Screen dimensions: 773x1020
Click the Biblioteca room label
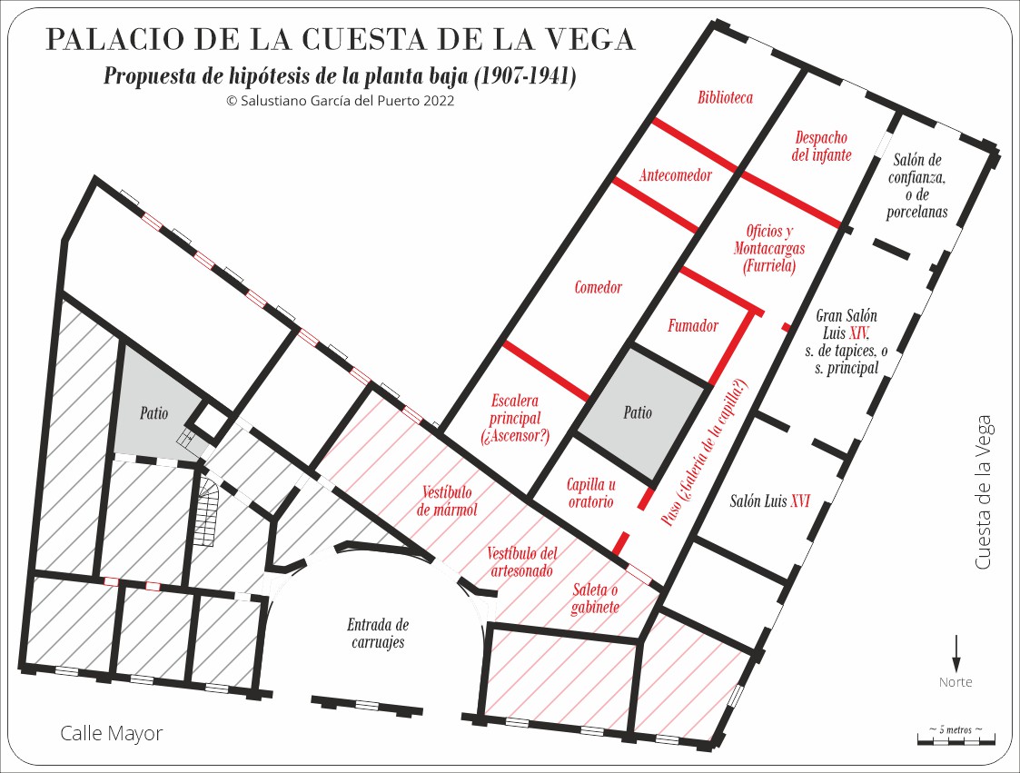tap(725, 98)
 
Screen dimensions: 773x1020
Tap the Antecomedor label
tap(675, 175)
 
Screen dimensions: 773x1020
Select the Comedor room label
tap(599, 288)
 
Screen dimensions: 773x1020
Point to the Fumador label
tap(693, 326)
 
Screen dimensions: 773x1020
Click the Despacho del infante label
tap(821, 146)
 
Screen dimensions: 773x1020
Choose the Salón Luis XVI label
tap(770, 501)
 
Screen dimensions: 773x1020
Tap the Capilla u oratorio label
tap(590, 493)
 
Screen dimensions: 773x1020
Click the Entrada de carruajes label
tap(378, 634)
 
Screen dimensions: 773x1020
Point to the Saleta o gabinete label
tap(596, 599)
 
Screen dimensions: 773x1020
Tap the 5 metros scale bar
tap(956, 741)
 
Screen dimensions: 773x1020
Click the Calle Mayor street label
tap(112, 733)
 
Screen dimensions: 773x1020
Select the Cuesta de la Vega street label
tap(983, 493)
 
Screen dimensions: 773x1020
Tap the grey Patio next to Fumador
tap(638, 412)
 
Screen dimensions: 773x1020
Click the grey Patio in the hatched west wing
tap(154, 412)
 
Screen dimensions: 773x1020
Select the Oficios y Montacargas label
tap(769, 249)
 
